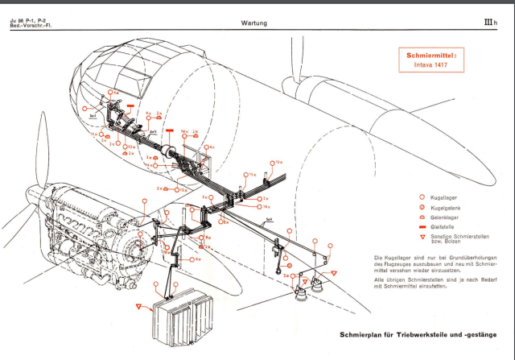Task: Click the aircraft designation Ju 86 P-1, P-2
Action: click(x=27, y=19)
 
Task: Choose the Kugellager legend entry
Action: click(x=443, y=197)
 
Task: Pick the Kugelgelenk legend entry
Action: click(x=445, y=208)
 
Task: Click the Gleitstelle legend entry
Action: click(x=443, y=229)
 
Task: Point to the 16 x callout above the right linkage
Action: click(x=278, y=163)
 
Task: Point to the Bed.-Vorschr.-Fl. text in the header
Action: click(x=30, y=26)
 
